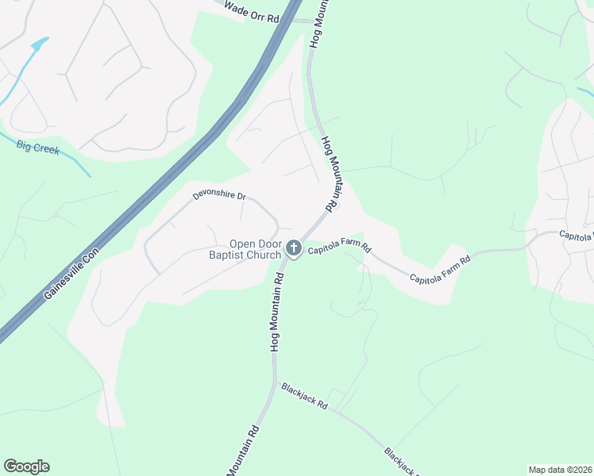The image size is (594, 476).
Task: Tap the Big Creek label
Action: click(38, 146)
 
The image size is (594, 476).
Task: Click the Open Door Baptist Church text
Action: click(255, 249)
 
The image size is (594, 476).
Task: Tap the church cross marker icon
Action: click(294, 249)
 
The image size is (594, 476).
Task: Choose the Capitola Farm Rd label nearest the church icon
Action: click(340, 248)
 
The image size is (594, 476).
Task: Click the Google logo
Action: click(26, 466)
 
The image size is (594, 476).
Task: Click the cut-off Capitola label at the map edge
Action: click(576, 236)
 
